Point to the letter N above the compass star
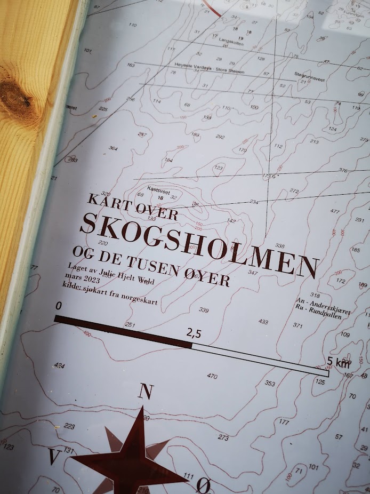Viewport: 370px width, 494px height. tap(144, 392)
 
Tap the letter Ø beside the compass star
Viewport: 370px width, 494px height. tap(203, 485)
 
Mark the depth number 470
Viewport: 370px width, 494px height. tap(212, 376)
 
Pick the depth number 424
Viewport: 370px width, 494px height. tap(59, 366)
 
